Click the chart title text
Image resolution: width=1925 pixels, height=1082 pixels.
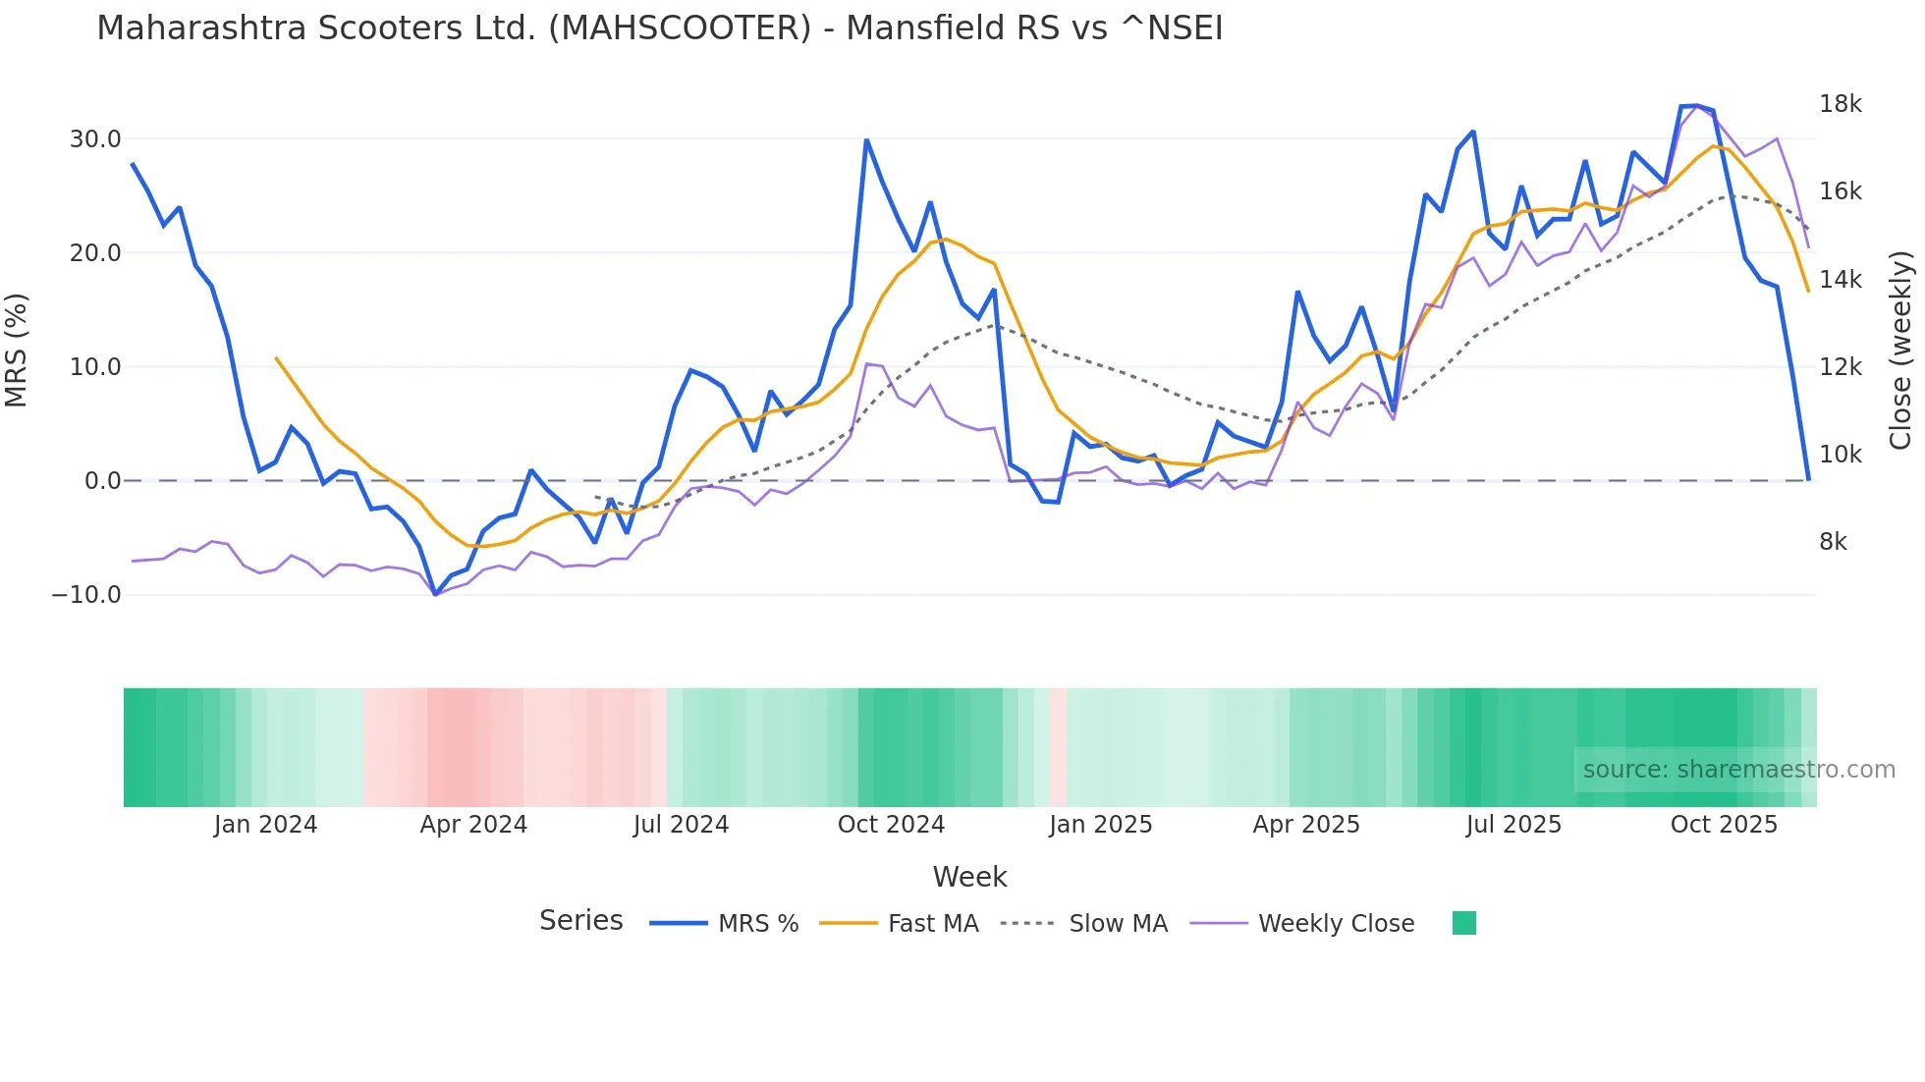(x=659, y=28)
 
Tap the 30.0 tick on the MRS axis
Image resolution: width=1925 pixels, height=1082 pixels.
(x=95, y=139)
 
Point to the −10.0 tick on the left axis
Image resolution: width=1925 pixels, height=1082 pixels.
(x=86, y=595)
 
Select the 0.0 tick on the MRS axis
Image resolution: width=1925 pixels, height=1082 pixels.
(x=102, y=481)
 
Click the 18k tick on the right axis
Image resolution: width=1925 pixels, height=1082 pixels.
(x=1840, y=104)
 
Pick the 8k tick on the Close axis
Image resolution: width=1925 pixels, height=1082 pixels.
(x=1833, y=542)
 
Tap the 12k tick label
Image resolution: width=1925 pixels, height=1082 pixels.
(x=1840, y=367)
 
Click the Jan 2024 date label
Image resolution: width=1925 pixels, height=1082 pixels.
(x=265, y=825)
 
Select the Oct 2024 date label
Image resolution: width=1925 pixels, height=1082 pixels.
(x=891, y=825)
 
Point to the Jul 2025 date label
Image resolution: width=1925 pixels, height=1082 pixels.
(x=1513, y=825)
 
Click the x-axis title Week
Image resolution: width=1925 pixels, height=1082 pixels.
(x=969, y=877)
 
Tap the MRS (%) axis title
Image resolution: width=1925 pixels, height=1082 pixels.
(x=17, y=350)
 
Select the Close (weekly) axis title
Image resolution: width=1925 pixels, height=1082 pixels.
(x=1900, y=351)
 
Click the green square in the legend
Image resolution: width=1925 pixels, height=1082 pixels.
(x=1463, y=923)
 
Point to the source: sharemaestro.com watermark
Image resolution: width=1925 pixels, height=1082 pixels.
(x=1738, y=770)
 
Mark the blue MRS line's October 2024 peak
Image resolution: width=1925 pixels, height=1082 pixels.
(x=866, y=140)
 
